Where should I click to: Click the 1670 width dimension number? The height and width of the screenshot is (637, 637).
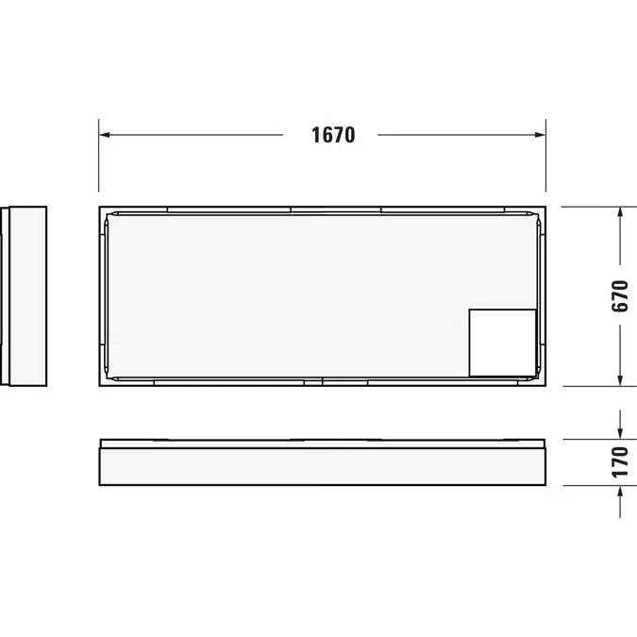click(x=333, y=135)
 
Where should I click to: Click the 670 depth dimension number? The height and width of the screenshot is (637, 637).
click(x=620, y=296)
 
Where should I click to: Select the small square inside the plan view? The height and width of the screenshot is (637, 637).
click(x=502, y=343)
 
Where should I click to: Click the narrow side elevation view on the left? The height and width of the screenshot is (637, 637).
click(x=26, y=296)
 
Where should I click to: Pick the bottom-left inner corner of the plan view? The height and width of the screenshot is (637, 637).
click(x=112, y=377)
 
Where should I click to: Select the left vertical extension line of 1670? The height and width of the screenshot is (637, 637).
click(x=99, y=160)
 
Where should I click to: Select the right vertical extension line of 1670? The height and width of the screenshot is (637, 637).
click(x=545, y=160)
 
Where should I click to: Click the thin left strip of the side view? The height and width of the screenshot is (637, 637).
click(x=4, y=296)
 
